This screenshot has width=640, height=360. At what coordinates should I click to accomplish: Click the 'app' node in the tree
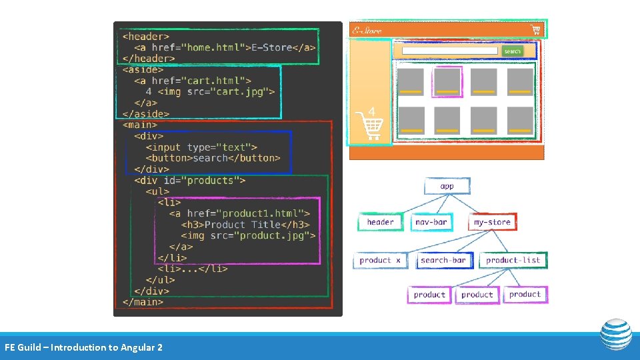[447, 186]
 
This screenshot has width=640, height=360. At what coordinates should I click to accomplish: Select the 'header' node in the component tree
[380, 222]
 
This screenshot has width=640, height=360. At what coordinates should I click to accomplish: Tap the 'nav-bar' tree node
[431, 222]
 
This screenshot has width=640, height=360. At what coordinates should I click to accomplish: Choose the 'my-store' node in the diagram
[492, 222]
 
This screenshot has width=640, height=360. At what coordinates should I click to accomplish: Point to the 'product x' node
[380, 260]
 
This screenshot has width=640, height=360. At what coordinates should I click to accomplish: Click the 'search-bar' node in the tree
[443, 260]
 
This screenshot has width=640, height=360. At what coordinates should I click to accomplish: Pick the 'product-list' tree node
[513, 260]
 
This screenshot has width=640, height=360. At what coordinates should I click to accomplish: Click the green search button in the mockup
[512, 51]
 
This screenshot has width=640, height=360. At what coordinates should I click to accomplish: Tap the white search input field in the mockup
[450, 51]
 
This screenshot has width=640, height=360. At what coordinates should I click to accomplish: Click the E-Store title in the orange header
[367, 30]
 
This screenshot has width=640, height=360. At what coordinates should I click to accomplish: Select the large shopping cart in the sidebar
[369, 125]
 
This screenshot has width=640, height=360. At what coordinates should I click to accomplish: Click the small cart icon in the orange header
[535, 29]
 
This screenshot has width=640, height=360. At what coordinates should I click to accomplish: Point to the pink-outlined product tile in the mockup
[447, 82]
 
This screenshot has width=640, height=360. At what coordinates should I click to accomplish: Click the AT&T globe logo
[615, 334]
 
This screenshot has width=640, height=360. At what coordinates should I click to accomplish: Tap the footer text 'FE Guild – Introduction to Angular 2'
[83, 347]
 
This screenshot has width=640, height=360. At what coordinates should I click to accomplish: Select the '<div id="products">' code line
[190, 180]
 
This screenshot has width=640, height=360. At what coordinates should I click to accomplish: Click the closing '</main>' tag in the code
[143, 302]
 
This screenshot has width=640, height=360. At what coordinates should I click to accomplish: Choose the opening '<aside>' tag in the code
[143, 69]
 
